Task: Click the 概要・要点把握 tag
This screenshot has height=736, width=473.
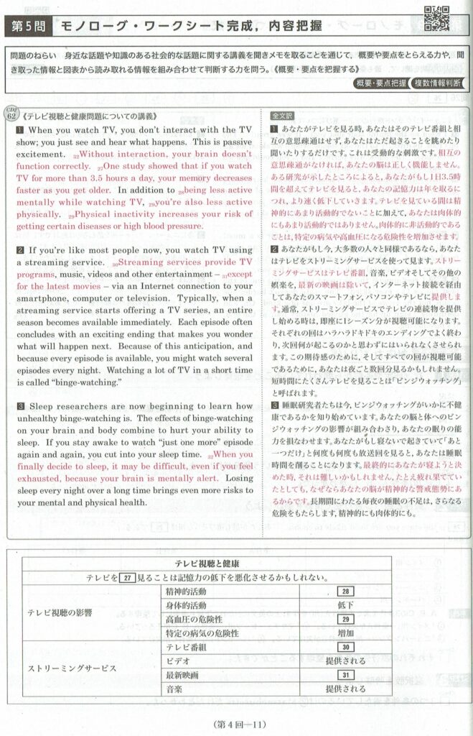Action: click(x=380, y=84)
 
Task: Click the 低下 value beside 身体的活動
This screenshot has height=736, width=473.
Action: click(x=345, y=605)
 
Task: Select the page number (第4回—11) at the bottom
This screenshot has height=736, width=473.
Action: click(x=236, y=722)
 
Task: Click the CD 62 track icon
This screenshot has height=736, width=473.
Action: click(x=12, y=115)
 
